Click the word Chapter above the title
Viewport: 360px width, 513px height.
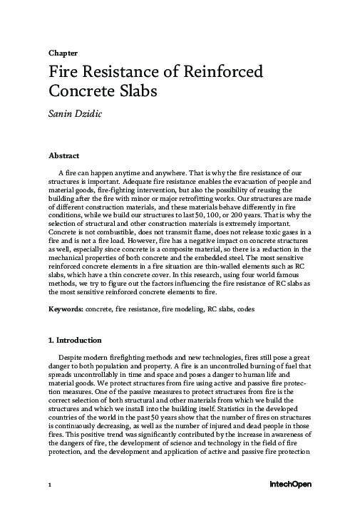point(63,53)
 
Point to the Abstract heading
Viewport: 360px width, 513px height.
point(63,155)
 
